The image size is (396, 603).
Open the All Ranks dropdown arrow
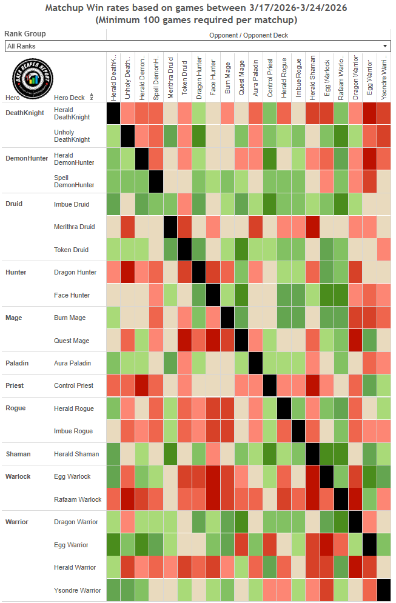click(x=385, y=46)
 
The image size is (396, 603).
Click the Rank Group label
click(x=25, y=34)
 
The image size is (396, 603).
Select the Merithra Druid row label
click(x=74, y=227)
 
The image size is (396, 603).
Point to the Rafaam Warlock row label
click(x=75, y=499)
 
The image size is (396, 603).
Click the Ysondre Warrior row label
click(x=76, y=590)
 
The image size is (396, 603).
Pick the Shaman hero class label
click(x=18, y=454)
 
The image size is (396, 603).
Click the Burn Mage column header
click(x=227, y=78)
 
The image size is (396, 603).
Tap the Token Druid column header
click(x=184, y=78)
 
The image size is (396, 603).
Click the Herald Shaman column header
click(x=312, y=78)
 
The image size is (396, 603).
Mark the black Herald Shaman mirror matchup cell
click(x=312, y=454)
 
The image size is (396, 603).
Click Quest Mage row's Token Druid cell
click(x=184, y=341)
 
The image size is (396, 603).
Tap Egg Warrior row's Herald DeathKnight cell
click(x=113, y=545)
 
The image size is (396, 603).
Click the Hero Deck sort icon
click(x=91, y=97)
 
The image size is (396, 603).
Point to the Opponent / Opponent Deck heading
click(x=249, y=35)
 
